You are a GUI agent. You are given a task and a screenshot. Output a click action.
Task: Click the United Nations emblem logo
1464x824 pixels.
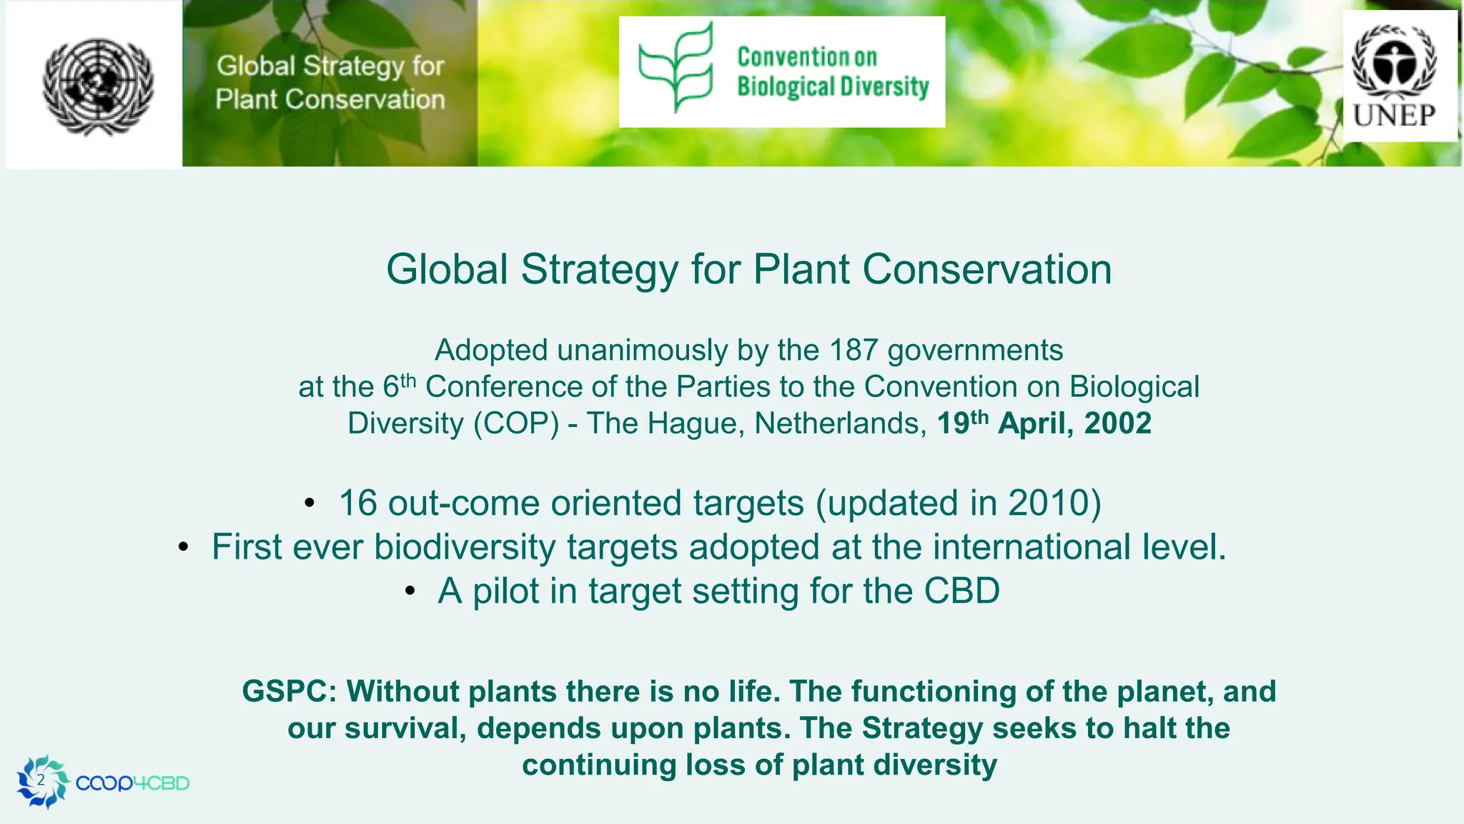(x=97, y=86)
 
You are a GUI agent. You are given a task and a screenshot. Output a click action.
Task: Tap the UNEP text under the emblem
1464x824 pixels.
(x=1393, y=115)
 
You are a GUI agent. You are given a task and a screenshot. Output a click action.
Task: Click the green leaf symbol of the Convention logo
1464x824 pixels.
(x=676, y=68)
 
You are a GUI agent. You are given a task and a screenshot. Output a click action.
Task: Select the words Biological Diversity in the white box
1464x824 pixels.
(x=833, y=87)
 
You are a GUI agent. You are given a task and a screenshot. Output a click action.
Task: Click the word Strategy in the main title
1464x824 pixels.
(x=598, y=270)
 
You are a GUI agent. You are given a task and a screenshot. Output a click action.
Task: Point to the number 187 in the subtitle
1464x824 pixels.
(x=853, y=350)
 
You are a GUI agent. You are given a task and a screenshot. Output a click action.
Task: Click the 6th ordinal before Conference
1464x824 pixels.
(x=399, y=386)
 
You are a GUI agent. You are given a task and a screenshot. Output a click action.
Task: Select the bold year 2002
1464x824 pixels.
(x=1117, y=423)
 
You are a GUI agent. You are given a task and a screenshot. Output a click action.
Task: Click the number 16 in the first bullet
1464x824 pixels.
(x=357, y=503)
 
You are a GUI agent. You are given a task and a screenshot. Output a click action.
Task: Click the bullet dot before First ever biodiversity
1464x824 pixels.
(x=184, y=548)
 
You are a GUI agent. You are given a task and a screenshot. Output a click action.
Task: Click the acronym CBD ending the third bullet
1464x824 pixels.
(x=961, y=592)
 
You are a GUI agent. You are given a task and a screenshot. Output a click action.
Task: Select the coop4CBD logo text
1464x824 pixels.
(x=132, y=783)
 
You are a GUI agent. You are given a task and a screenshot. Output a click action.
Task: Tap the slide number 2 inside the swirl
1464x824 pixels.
(x=41, y=780)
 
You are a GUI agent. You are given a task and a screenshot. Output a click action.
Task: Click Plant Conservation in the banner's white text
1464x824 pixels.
(x=330, y=99)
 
